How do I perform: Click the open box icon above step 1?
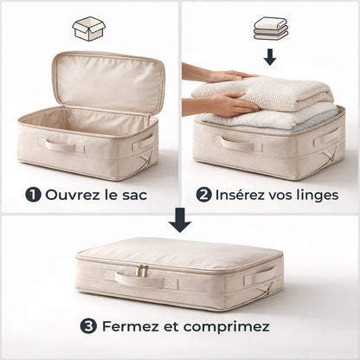pyautogui.click(x=89, y=29)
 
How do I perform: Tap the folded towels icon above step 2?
pyautogui.click(x=271, y=29)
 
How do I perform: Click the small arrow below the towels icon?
pyautogui.click(x=270, y=57)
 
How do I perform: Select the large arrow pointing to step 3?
pyautogui.click(x=180, y=220)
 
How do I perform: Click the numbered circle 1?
pyautogui.click(x=33, y=195)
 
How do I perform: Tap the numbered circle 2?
pyautogui.click(x=204, y=195)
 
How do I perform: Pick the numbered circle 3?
pyautogui.click(x=88, y=326)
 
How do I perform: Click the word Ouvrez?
pyautogui.click(x=72, y=195)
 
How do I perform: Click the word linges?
pyautogui.click(x=318, y=196)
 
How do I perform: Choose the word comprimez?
pyautogui.click(x=227, y=327)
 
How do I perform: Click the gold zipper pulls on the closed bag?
pyautogui.click(x=142, y=270)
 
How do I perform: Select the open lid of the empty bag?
pyautogui.click(x=108, y=82)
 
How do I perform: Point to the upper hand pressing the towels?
pyautogui.click(x=219, y=74)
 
